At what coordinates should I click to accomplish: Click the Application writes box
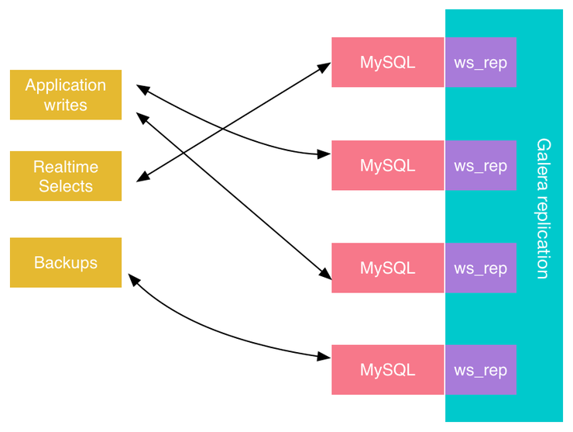pyautogui.click(x=66, y=95)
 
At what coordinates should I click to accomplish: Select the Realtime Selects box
pyautogui.click(x=66, y=176)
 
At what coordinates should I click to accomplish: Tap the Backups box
pyautogui.click(x=66, y=262)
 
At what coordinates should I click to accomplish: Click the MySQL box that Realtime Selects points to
pyautogui.click(x=387, y=62)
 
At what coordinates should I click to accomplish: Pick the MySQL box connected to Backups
pyautogui.click(x=387, y=370)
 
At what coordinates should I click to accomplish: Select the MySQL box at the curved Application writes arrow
pyautogui.click(x=387, y=165)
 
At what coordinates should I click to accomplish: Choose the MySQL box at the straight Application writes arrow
pyautogui.click(x=387, y=268)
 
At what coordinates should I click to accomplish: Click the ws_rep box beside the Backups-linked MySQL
pyautogui.click(x=480, y=370)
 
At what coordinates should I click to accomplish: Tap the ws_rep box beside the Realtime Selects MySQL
pyautogui.click(x=480, y=62)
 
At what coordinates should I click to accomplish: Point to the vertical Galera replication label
pyautogui.click(x=544, y=209)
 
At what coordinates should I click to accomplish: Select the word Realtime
pyautogui.click(x=66, y=166)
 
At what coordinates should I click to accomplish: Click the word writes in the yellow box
pyautogui.click(x=66, y=105)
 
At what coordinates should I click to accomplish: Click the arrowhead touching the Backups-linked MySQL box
pyautogui.click(x=325, y=357)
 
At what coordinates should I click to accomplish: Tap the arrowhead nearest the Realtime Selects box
pyautogui.click(x=142, y=178)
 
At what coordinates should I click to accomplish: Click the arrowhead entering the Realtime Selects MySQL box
pyautogui.click(x=326, y=67)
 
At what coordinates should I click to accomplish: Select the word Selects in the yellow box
pyautogui.click(x=66, y=186)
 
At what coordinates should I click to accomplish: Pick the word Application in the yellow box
pyautogui.click(x=66, y=85)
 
